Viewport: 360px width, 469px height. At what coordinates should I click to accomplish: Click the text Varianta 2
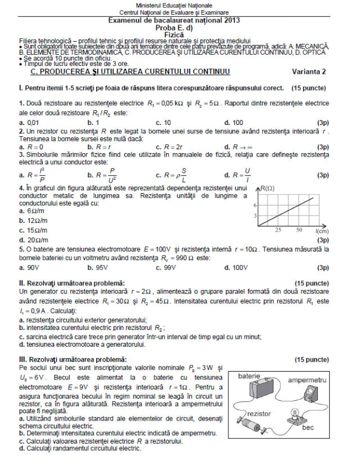coord(309,72)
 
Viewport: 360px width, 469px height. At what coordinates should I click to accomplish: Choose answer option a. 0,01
coord(29,122)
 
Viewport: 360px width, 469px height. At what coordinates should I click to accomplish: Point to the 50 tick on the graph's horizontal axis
coord(299,231)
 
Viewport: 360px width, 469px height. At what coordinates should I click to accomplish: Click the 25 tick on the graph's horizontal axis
coord(277,231)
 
